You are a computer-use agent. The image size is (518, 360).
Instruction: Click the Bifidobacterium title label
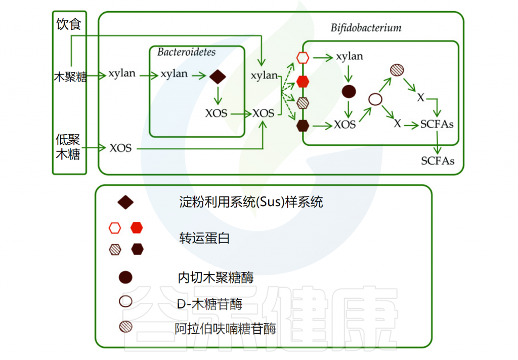(366, 27)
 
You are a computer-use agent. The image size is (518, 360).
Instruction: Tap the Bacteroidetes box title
(186, 52)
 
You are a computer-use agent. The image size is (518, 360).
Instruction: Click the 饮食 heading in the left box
(69, 24)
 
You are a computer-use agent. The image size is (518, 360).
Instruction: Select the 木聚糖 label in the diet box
(70, 77)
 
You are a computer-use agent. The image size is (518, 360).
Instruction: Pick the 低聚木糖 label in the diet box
(68, 147)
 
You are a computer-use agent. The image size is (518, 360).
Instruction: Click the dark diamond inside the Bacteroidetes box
(218, 76)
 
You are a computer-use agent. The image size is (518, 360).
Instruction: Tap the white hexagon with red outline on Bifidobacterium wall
(303, 57)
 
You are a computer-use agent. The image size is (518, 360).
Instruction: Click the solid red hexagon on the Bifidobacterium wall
(303, 81)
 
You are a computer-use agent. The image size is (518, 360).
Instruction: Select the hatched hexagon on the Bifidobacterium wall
(303, 103)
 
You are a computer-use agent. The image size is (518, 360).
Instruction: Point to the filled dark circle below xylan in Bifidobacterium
(349, 92)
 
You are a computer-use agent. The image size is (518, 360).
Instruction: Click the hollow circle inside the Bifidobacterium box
(375, 99)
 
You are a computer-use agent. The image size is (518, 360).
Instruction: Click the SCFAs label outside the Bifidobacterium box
(438, 161)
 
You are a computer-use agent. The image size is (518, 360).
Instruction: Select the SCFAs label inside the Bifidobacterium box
(437, 124)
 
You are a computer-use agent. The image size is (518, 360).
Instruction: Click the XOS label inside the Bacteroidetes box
(217, 113)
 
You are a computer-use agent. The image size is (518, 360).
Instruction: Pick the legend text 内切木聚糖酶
(215, 277)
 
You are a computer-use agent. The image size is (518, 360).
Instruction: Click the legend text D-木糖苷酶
(209, 304)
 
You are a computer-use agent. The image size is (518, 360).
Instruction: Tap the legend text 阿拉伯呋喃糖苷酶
(225, 329)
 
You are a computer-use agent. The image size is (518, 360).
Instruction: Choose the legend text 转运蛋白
(204, 238)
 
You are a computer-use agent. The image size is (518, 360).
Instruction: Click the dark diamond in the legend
(125, 203)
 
